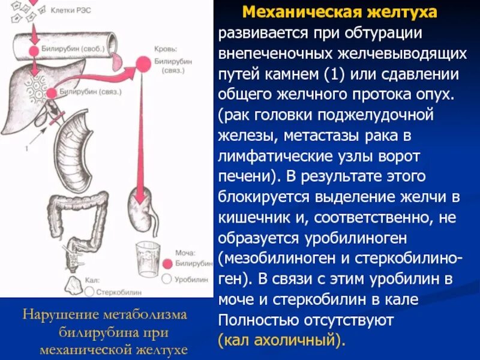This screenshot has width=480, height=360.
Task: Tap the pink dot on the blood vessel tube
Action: coord(36,47)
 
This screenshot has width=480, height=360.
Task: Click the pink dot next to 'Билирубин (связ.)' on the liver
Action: coord(51,92)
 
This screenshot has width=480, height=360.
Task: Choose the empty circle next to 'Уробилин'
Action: coord(167,279)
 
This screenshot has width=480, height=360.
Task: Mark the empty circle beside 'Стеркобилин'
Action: coord(89,292)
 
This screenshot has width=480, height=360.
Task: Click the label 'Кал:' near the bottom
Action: coord(93,280)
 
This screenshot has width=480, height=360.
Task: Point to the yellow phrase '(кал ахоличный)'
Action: coord(282,340)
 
